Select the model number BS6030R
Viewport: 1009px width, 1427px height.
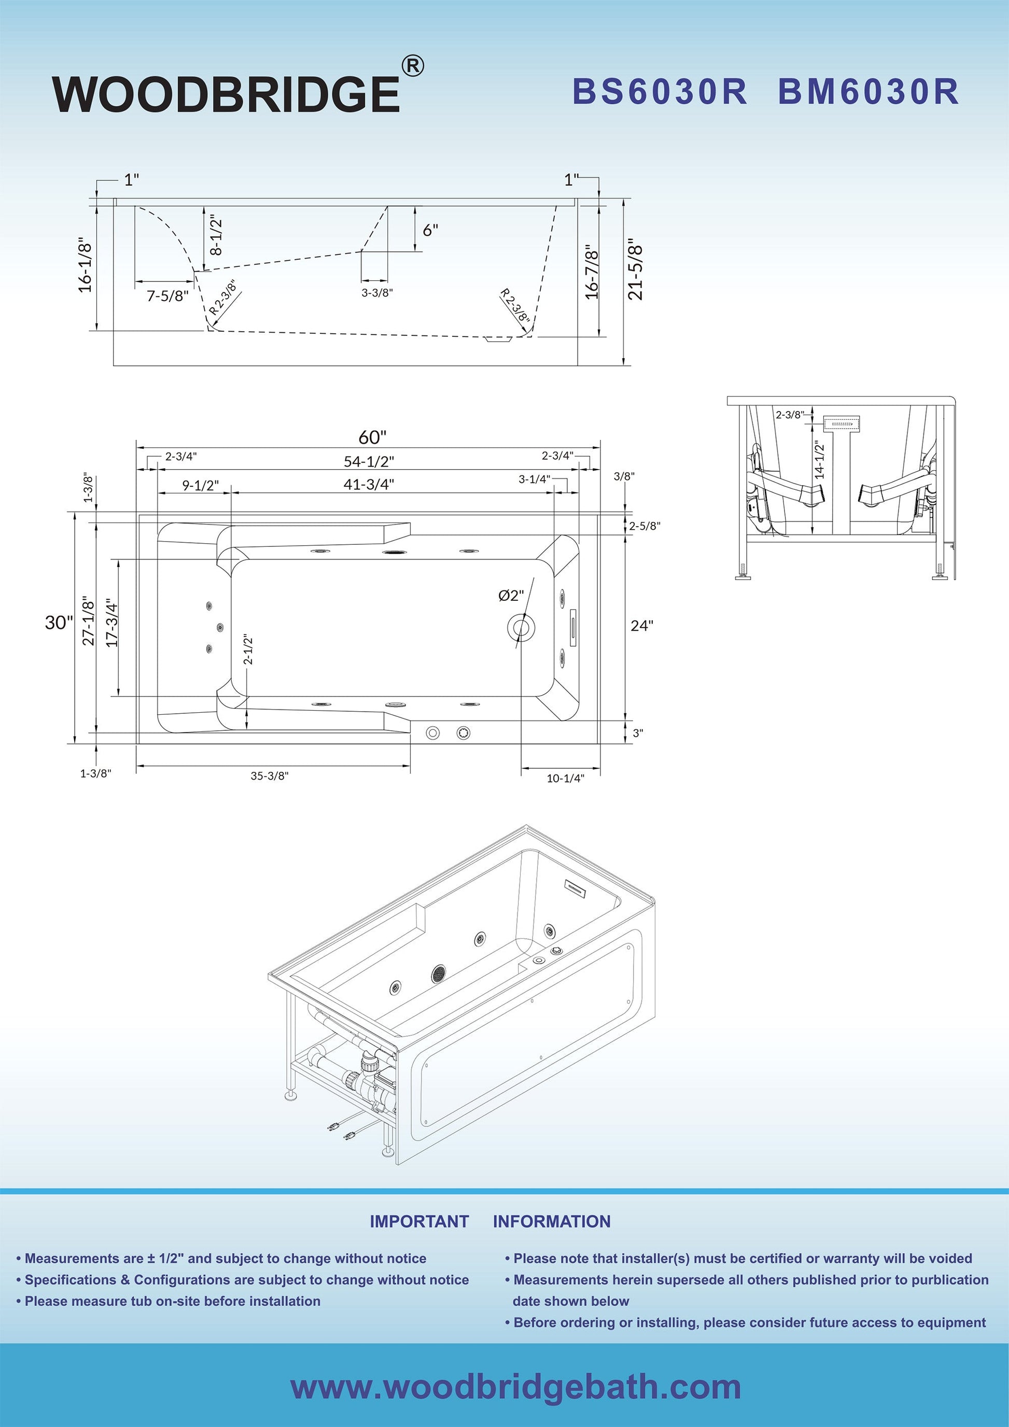point(659,91)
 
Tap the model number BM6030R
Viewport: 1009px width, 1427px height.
point(868,91)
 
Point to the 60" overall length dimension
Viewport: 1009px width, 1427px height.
point(372,437)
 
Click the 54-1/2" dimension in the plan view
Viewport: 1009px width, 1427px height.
point(369,461)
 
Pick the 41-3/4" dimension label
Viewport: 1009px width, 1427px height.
point(369,484)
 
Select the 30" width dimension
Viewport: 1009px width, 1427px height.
point(59,622)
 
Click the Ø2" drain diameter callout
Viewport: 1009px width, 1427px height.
point(511,596)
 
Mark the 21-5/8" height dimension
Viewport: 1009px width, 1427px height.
point(635,270)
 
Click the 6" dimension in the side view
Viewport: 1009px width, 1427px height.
point(430,230)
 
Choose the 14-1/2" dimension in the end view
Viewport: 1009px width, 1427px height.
point(819,459)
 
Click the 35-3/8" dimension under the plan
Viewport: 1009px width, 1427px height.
point(270,775)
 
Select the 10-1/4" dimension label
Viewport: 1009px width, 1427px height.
point(565,778)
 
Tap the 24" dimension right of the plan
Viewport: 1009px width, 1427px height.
point(642,625)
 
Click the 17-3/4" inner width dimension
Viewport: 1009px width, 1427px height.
point(112,623)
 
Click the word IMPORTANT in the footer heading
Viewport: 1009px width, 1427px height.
point(419,1221)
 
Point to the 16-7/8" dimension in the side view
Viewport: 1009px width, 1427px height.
point(592,271)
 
